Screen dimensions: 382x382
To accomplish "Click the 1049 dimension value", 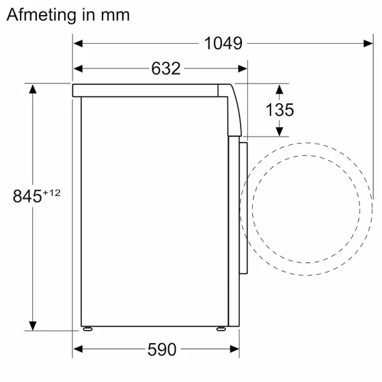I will point(223,44).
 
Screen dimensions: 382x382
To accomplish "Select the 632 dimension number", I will point(165,68).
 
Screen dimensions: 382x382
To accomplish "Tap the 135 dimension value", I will point(280,109).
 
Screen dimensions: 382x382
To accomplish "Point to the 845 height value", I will point(27,196).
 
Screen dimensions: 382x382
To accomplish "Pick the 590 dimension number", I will point(162,350).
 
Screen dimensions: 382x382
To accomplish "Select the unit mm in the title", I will point(113,14).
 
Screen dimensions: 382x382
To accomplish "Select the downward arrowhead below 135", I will point(280,131).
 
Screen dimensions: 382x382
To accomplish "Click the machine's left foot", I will point(87,328).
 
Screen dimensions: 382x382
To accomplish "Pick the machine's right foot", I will point(221,328).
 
